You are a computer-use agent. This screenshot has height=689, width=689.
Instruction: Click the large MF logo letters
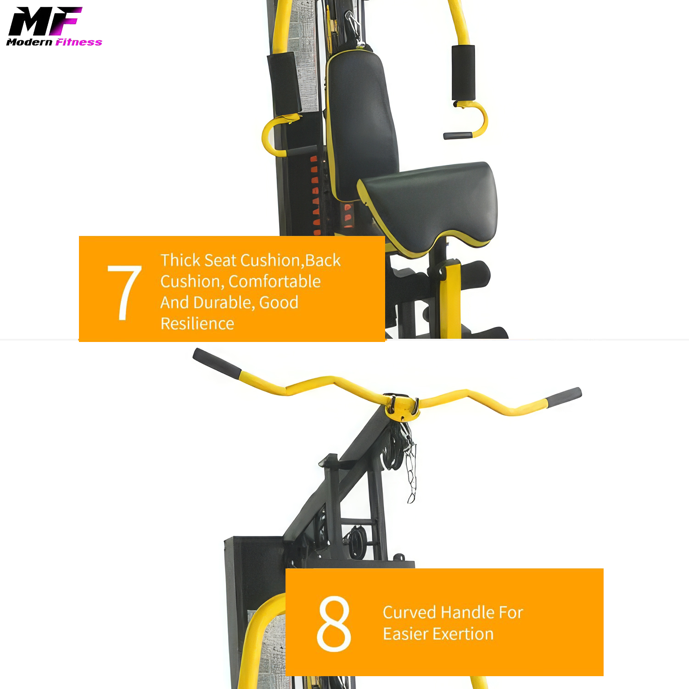(45, 21)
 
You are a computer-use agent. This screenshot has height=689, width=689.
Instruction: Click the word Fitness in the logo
(78, 42)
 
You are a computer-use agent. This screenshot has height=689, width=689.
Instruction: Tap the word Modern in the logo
(30, 42)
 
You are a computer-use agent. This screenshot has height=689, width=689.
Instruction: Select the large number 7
(124, 292)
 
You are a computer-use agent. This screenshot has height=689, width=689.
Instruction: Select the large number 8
(334, 623)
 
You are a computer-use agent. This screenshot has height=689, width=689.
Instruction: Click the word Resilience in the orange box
(197, 324)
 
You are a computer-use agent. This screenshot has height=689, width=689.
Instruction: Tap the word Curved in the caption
(409, 612)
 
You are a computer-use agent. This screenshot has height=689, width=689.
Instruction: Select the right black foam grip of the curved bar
(564, 397)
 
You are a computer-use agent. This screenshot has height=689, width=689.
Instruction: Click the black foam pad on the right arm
(463, 72)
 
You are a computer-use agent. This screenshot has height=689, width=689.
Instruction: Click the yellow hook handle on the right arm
(477, 120)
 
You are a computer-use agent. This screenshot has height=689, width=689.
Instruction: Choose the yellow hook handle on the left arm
(271, 135)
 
